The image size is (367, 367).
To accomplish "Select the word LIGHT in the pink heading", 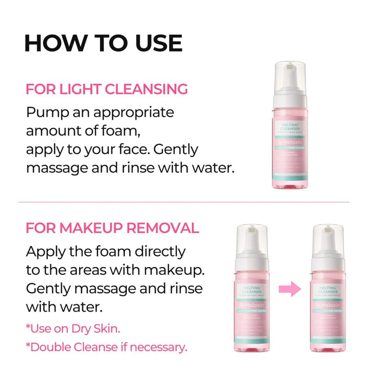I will point(76,89).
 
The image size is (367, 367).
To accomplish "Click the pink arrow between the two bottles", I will point(291,291).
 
